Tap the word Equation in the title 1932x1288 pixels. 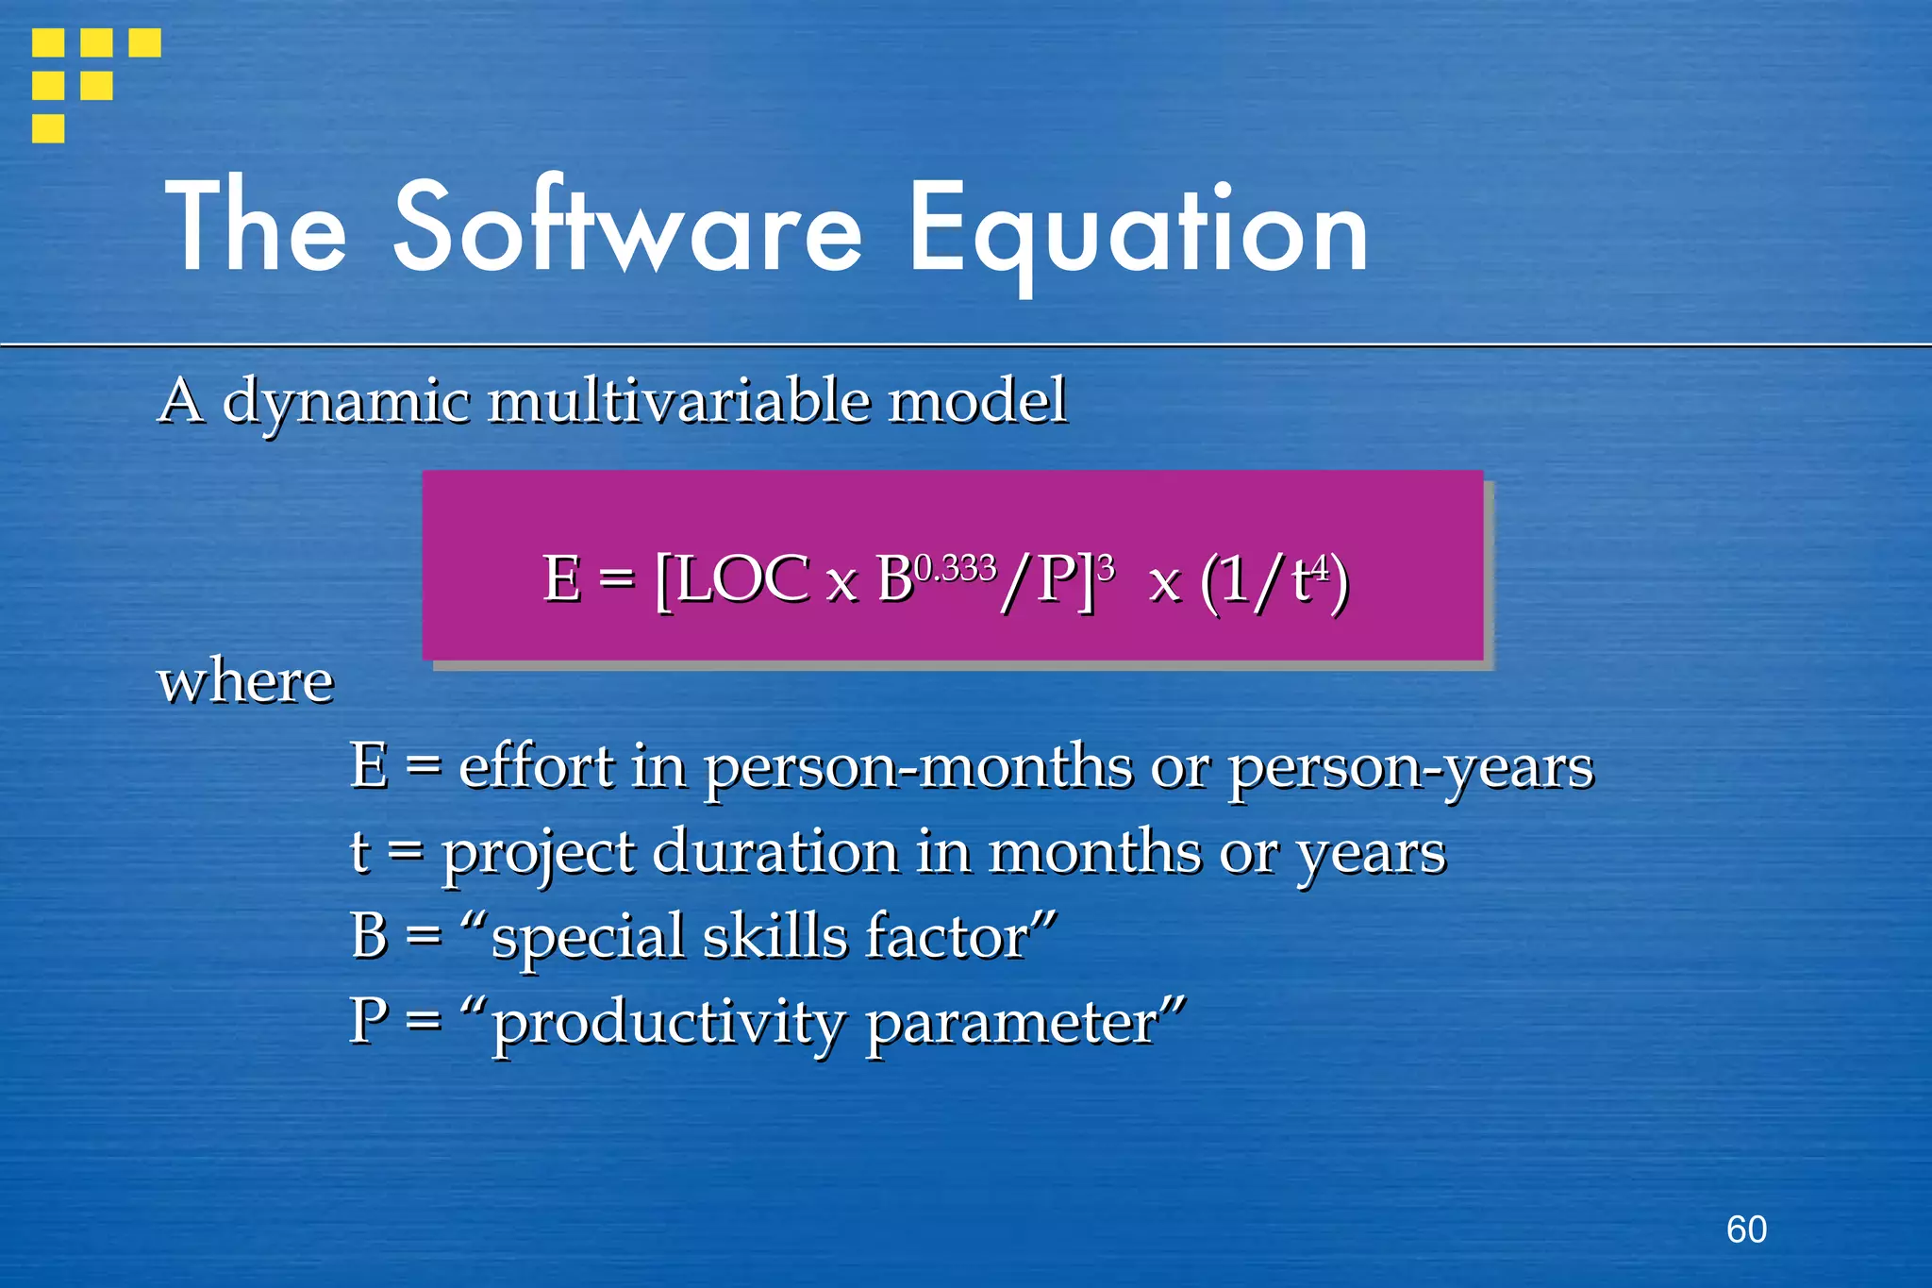pos(1137,231)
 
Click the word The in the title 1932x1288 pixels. pos(257,226)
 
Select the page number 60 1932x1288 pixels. pos(1746,1229)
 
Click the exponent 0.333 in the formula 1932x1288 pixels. pos(955,568)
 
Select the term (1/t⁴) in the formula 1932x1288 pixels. pos(1274,580)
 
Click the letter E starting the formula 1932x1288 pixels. pos(561,578)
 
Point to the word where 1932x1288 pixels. pos(245,680)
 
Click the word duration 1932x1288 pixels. pos(775,851)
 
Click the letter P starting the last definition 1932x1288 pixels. pos(368,1021)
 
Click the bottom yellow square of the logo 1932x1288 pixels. pos(48,128)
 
